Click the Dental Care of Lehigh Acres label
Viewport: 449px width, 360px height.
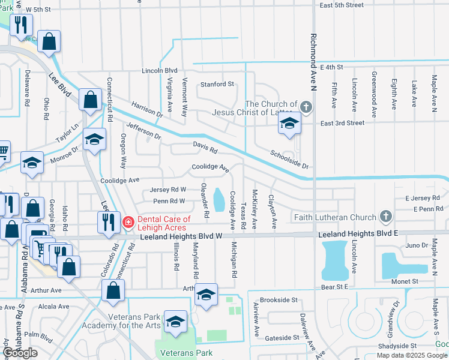click(x=164, y=223)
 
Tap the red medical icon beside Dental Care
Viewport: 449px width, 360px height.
click(x=128, y=223)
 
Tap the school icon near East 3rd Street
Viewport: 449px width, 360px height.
click(x=289, y=124)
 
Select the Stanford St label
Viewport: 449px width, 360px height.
click(x=217, y=85)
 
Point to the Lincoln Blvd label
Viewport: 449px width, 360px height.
click(x=160, y=70)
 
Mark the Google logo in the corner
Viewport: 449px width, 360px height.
click(x=20, y=353)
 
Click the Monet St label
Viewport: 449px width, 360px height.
click(x=405, y=281)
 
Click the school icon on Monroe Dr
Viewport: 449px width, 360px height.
click(x=32, y=162)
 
